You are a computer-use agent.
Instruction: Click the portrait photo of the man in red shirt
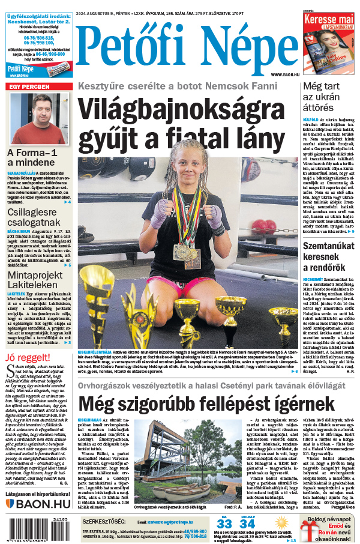(39, 118)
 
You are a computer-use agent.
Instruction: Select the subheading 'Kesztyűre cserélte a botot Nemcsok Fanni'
(186, 85)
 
